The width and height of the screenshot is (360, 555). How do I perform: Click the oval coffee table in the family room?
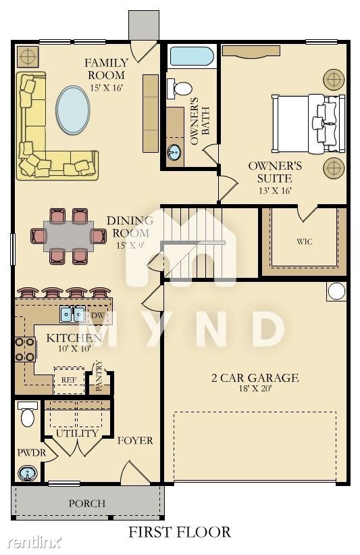[x=73, y=110]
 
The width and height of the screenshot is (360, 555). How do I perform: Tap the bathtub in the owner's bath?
[x=192, y=56]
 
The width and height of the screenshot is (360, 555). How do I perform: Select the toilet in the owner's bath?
[x=179, y=88]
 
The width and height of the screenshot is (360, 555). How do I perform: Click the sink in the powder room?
[x=27, y=474]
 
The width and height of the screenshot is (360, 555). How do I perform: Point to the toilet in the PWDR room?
[x=27, y=414]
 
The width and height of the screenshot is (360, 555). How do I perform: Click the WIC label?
[x=305, y=242]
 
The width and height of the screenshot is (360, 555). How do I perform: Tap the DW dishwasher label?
[x=97, y=315]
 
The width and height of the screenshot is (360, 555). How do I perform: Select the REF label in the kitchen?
[x=69, y=380]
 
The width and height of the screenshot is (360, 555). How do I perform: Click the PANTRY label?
[x=99, y=376]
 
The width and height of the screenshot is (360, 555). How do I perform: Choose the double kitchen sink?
[x=73, y=314]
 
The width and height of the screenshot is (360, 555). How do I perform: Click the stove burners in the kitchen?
[x=26, y=349]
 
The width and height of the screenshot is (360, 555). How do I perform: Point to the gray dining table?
[x=69, y=236]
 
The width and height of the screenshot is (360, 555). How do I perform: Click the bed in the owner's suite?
[x=308, y=123]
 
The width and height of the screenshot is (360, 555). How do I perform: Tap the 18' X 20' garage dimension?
[x=255, y=388]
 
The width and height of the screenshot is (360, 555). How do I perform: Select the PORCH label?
[x=87, y=504]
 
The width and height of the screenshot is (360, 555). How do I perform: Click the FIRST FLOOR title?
[x=180, y=532]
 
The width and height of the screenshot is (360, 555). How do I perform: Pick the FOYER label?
[x=136, y=441]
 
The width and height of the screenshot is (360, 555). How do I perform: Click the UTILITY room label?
[x=77, y=433]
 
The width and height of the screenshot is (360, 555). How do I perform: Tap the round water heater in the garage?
[x=336, y=291]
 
